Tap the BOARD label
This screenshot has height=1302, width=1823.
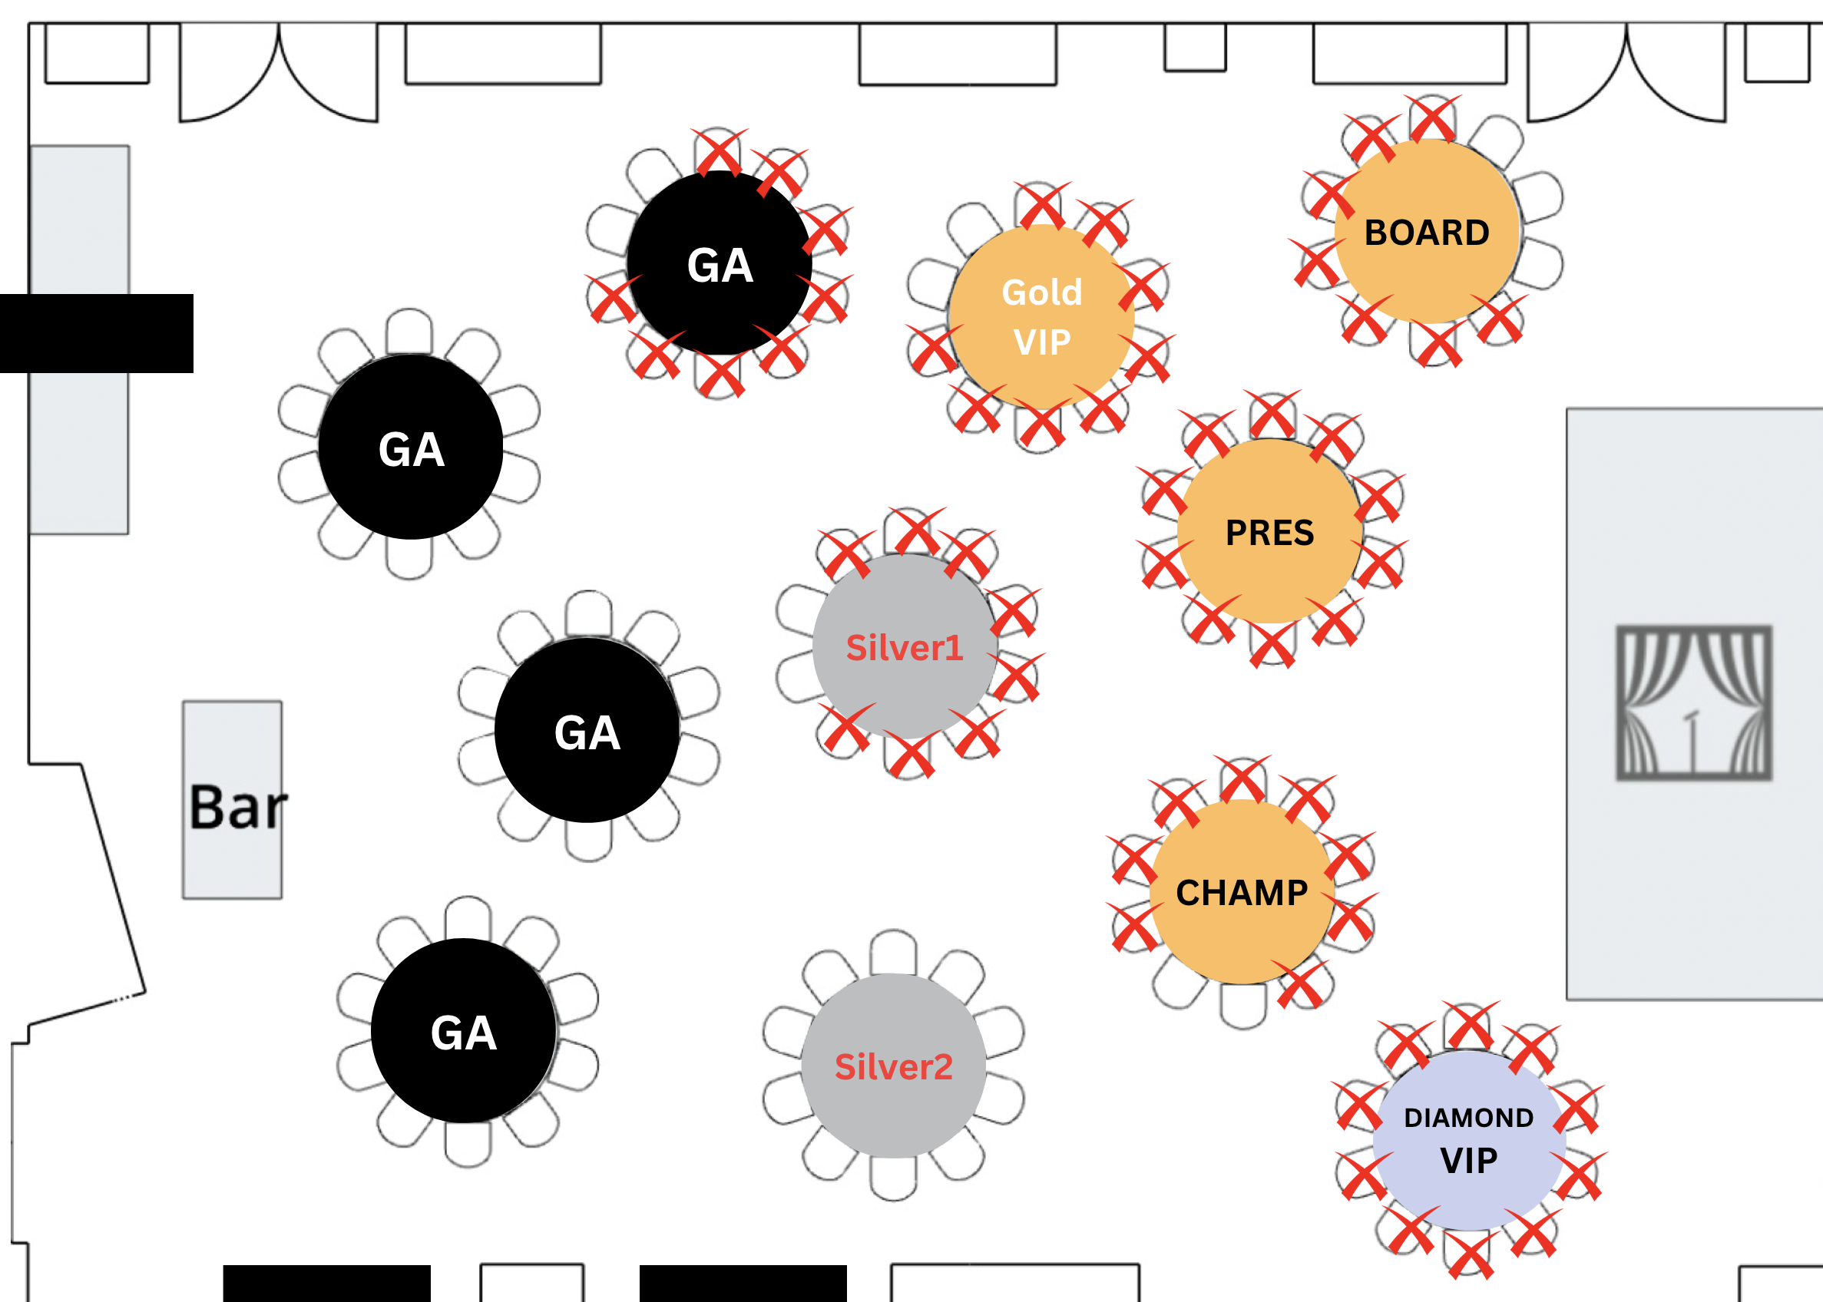[1427, 233]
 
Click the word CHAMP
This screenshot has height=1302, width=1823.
[1242, 893]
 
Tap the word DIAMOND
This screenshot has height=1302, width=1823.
[1468, 1118]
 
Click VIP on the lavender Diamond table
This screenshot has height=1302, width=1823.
[1468, 1161]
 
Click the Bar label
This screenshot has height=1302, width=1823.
[238, 807]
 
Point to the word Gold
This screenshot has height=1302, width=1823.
[1042, 292]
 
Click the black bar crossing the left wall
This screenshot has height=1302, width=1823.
[96, 333]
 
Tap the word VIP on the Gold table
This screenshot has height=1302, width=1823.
[1042, 343]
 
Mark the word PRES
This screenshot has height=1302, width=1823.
[1269, 533]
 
